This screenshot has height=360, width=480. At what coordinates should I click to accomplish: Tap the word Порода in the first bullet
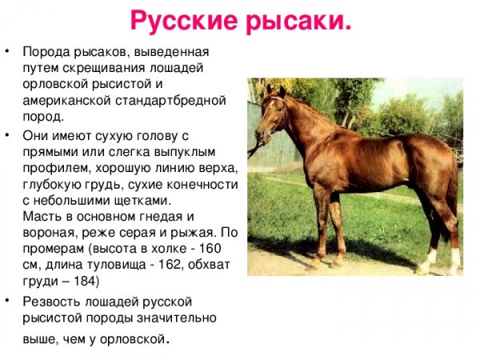point(45,52)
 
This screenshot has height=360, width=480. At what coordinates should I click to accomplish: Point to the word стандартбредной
point(174,100)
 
